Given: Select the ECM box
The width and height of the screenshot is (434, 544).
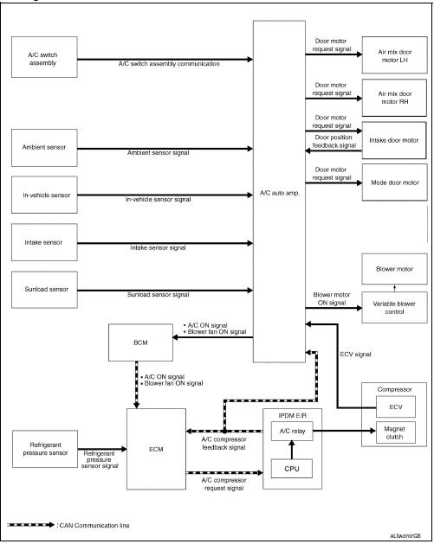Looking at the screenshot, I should coord(156,449).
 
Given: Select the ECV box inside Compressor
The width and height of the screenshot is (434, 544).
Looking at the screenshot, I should coord(394,406).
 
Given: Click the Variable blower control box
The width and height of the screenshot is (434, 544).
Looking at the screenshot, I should coord(394,306).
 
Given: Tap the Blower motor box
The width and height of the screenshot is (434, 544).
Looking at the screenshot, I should coord(394,269).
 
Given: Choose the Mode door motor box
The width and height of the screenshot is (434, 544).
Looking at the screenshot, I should coord(394,182).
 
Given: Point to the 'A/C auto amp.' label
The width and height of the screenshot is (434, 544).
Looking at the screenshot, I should coord(279,192).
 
